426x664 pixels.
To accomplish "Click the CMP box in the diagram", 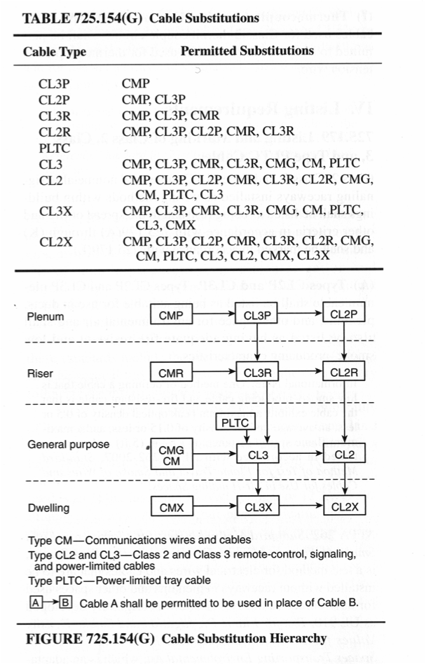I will pos(171,316).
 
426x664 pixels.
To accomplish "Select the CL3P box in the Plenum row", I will pos(259,316).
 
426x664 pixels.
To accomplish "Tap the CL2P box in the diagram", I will pos(344,315).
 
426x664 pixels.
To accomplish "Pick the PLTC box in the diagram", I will pos(235,422).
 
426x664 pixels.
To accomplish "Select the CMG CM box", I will pos(171,455).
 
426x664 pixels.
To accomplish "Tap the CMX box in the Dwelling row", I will pos(171,507).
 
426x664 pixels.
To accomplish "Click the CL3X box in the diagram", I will pos(259,507).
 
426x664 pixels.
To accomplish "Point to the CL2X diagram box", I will pos(344,507).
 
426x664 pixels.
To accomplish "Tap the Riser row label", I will pos(39,373).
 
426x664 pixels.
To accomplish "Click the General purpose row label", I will pos(68,445).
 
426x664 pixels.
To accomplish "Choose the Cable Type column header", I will pos(55,52).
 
